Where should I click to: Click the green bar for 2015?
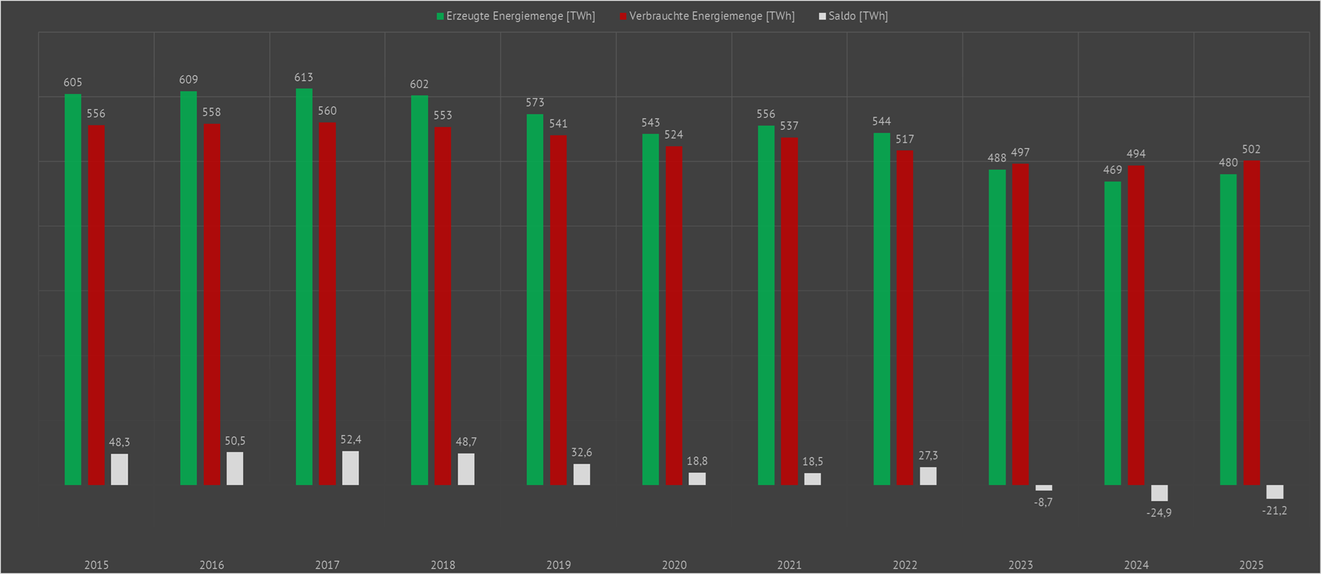point(73,290)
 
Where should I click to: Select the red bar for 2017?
point(327,304)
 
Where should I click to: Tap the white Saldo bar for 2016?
point(235,469)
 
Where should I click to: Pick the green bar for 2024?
point(1112,333)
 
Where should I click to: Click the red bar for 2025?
point(1251,322)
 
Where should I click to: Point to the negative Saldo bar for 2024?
point(1159,493)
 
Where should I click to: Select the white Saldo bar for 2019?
point(582,474)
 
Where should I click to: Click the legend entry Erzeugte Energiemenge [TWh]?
point(516,16)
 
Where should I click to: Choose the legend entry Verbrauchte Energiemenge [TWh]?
point(707,16)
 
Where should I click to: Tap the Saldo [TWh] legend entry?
point(853,16)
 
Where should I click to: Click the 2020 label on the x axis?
point(674,565)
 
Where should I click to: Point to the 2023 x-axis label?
point(1021,565)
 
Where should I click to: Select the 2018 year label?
point(443,565)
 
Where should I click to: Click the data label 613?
point(303,77)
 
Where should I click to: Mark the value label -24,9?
point(1159,513)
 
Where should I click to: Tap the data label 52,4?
point(351,439)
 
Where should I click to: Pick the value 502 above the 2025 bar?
point(1251,149)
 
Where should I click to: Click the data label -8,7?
point(1043,502)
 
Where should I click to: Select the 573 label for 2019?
point(535,102)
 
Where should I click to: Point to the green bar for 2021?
point(766,305)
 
